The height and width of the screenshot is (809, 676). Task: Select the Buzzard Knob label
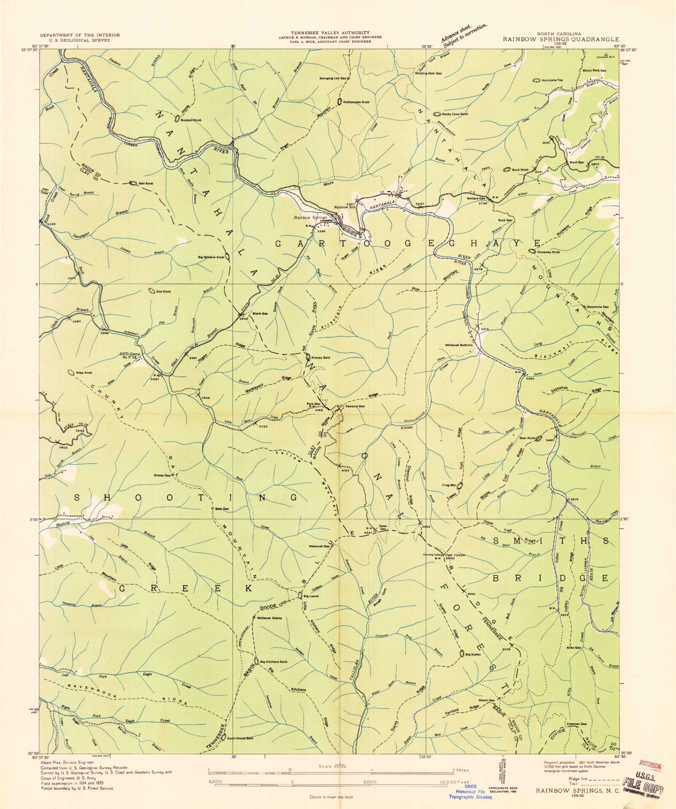[191, 121]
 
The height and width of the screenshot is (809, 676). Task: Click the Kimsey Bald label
[321, 358]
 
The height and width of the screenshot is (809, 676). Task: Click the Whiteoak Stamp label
[270, 618]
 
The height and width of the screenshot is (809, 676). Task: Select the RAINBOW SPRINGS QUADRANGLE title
[561, 40]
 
